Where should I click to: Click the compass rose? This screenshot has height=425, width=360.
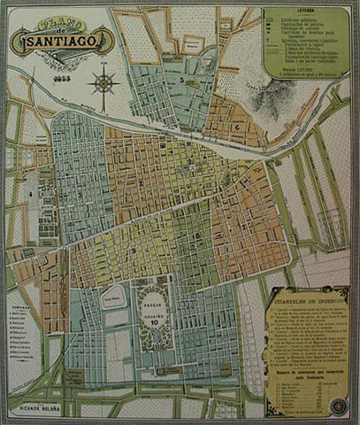(x=105, y=84)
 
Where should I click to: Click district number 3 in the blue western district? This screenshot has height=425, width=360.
(x=80, y=194)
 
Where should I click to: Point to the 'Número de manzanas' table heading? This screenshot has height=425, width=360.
(x=305, y=375)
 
